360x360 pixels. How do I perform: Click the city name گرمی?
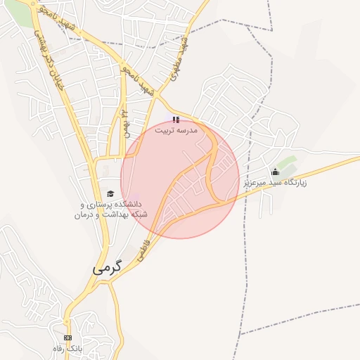(x=106, y=268)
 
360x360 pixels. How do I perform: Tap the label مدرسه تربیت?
(x=176, y=130)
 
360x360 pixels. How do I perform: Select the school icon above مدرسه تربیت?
(x=176, y=120)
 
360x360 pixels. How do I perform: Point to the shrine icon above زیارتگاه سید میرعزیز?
(x=275, y=172)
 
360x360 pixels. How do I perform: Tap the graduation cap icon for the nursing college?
(x=110, y=193)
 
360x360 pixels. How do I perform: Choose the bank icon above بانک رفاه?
(x=67, y=337)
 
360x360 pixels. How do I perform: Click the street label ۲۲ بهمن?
(x=125, y=120)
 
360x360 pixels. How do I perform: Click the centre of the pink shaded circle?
(x=180, y=179)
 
